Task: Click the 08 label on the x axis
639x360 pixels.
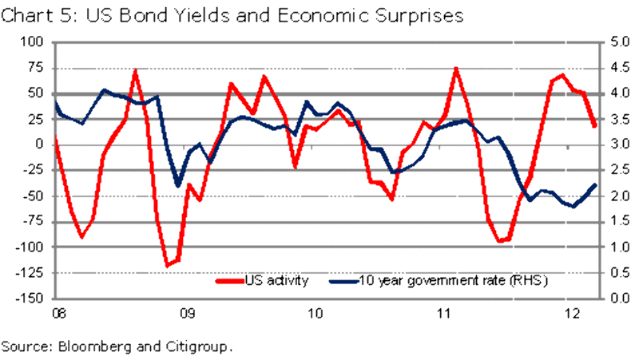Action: pos(58,313)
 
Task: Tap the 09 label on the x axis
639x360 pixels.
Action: pos(187,313)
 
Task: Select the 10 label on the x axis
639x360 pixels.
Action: pos(316,313)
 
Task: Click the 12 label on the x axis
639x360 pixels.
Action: pos(574,313)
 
